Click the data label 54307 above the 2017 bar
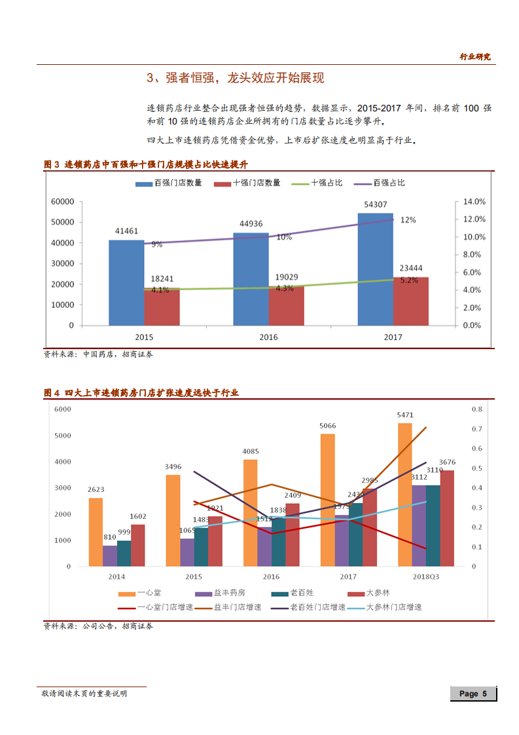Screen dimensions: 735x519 (x=375, y=205)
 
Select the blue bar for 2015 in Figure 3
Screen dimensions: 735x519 (x=126, y=282)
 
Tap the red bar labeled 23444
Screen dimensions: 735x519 (x=411, y=301)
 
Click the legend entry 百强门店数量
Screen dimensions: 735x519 (x=168, y=183)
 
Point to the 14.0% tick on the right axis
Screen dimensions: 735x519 (x=474, y=202)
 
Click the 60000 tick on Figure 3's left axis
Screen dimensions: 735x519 (x=62, y=202)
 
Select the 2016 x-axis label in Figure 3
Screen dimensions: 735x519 (x=268, y=337)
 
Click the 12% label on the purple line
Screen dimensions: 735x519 (x=408, y=220)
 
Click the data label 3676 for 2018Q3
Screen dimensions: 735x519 (x=447, y=462)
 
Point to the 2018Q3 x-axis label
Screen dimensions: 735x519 (x=426, y=576)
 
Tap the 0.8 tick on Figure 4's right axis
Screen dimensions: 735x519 (x=476, y=409)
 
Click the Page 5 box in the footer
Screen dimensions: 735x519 (x=473, y=694)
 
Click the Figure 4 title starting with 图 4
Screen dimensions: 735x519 (x=141, y=393)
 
